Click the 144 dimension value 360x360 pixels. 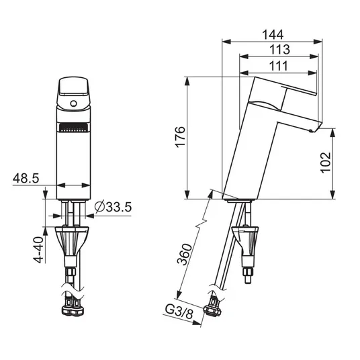(273, 35)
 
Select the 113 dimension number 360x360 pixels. (279, 49)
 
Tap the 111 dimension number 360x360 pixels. (278, 66)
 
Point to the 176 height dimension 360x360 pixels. (180, 136)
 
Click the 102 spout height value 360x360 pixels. (326, 163)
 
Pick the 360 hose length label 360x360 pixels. (185, 255)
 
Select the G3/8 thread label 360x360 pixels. (179, 312)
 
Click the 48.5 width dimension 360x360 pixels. (26, 178)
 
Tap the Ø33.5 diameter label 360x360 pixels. (113, 207)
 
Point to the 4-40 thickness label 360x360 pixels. (38, 250)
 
